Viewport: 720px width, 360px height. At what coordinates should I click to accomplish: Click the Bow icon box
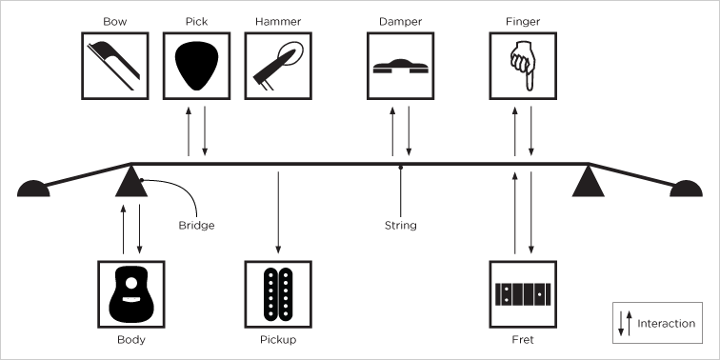pyautogui.click(x=115, y=65)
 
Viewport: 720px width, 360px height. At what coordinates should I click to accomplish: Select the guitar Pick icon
pyautogui.click(x=197, y=65)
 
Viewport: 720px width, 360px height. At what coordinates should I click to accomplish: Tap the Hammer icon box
pyautogui.click(x=278, y=65)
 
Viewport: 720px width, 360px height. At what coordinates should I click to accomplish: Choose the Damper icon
pyautogui.click(x=400, y=65)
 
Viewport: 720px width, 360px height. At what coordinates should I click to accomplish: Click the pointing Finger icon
pyautogui.click(x=522, y=65)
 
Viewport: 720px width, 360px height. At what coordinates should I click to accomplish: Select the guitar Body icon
pyautogui.click(x=131, y=293)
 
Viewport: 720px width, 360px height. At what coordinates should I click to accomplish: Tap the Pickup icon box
pyautogui.click(x=278, y=293)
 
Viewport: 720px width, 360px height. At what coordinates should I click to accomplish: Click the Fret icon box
pyautogui.click(x=522, y=293)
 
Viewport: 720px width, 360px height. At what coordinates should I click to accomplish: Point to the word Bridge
pyautogui.click(x=196, y=226)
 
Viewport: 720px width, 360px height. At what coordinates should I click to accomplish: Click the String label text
pyautogui.click(x=400, y=226)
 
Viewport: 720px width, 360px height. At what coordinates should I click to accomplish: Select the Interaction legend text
pyautogui.click(x=667, y=324)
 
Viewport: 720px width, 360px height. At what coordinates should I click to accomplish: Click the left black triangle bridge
pyautogui.click(x=131, y=181)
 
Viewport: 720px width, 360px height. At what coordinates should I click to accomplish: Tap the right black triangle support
pyautogui.click(x=589, y=181)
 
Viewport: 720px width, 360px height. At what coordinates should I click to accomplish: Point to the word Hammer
pyautogui.click(x=278, y=20)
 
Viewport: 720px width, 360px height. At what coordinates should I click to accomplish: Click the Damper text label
pyautogui.click(x=400, y=20)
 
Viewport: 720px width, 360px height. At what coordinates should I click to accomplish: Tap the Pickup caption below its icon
pyautogui.click(x=278, y=339)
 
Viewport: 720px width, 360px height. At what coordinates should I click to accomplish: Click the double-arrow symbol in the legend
pyautogui.click(x=625, y=323)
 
